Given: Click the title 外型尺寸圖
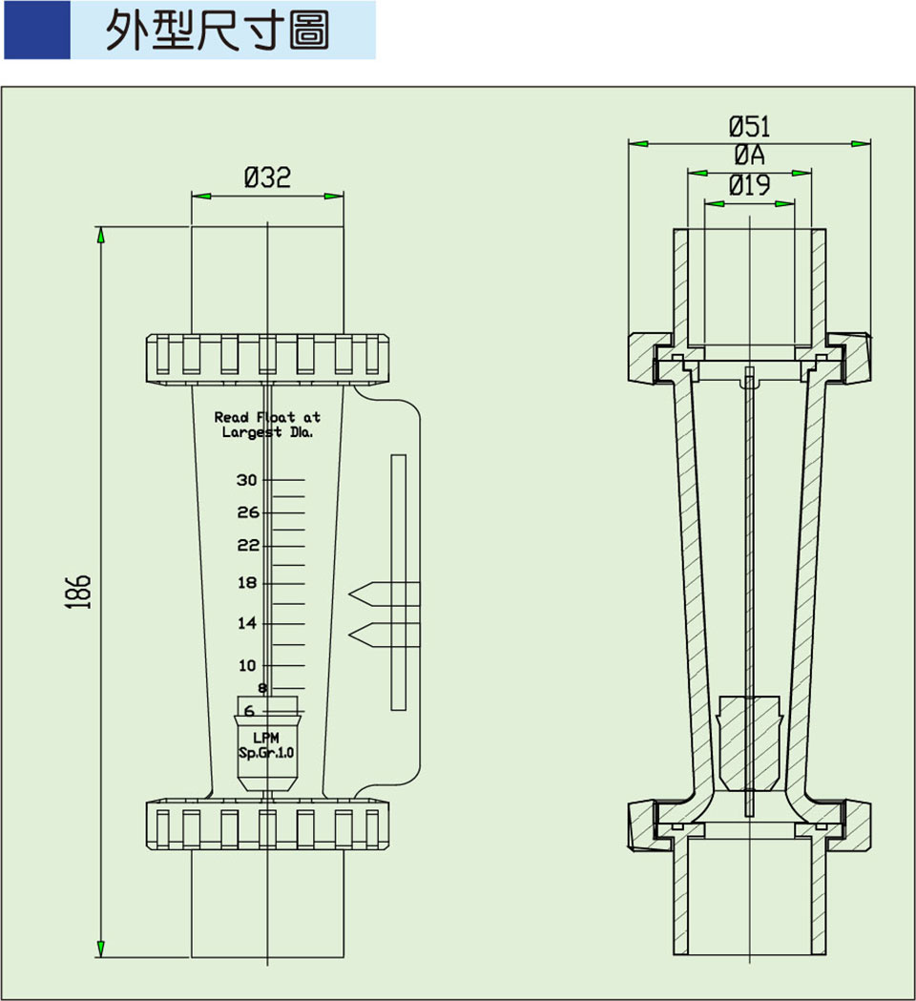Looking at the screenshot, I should [x=218, y=31].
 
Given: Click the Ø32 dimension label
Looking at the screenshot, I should [x=267, y=177].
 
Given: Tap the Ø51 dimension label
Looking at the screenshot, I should [x=749, y=126].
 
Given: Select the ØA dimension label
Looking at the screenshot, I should [x=749, y=156].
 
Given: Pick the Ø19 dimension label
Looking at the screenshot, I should [x=749, y=185].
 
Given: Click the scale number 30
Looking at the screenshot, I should [x=248, y=479].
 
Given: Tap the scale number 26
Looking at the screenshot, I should [x=248, y=512].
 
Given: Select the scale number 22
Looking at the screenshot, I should [x=248, y=545].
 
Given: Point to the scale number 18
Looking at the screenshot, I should [x=247, y=583].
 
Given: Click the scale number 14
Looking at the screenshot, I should [x=247, y=624].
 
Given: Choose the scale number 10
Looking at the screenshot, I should [x=247, y=665].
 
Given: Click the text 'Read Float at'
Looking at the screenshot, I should [x=267, y=417].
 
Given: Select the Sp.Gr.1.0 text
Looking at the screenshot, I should [x=267, y=753].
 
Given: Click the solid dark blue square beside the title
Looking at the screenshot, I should [x=36, y=31].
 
